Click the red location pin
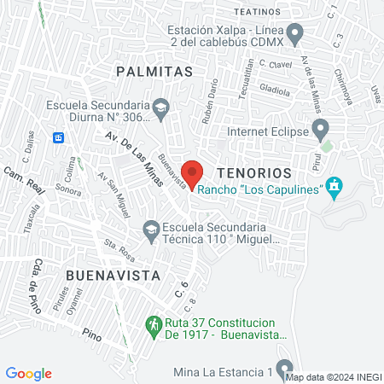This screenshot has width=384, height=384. coord(192,172)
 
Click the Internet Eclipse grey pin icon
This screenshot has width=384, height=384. coord(321,131)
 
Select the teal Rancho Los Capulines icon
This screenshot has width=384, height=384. coord(335,188)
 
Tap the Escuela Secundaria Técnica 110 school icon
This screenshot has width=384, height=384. coord(150,229)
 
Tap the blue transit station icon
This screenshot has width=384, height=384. coord(58,137)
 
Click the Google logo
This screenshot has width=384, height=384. coord(29,374)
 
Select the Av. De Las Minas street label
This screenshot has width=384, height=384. coord(124,148)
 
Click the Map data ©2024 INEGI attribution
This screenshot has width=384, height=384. coord(333,377)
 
